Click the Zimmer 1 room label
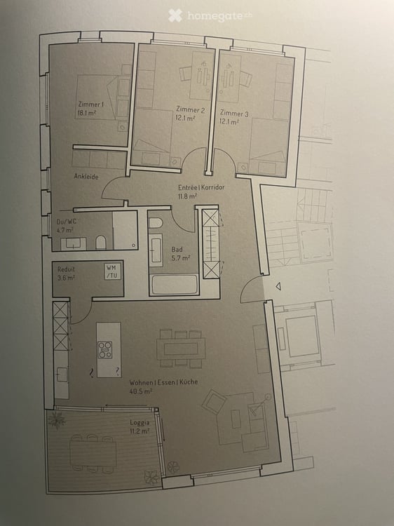(91, 104)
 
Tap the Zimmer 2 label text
(190, 109)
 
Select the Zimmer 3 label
(234, 113)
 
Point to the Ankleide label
(86, 177)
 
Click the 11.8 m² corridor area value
(188, 196)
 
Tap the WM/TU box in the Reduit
(112, 271)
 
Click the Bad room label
(177, 249)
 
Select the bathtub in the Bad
(174, 285)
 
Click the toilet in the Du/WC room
(100, 243)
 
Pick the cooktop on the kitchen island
(105, 349)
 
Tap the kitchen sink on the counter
(62, 375)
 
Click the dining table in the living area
(181, 349)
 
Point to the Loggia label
(140, 423)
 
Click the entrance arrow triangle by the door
(278, 286)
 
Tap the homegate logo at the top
(210, 15)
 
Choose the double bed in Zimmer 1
(97, 97)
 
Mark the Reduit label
(66, 269)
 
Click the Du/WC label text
(67, 222)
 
